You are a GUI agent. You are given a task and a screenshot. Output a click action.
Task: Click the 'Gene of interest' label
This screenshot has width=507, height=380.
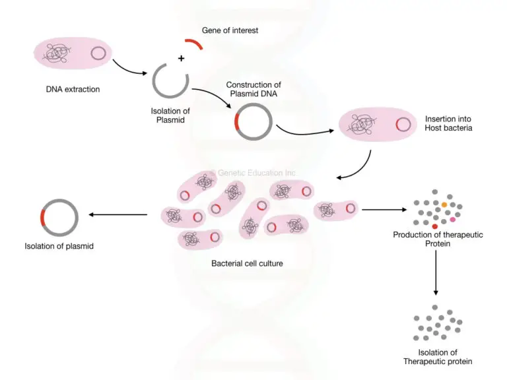[x=230, y=31]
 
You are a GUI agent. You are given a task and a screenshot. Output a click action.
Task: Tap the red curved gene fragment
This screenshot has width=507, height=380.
[x=193, y=43]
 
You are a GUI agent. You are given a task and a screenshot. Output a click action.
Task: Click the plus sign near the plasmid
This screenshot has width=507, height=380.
[x=180, y=59]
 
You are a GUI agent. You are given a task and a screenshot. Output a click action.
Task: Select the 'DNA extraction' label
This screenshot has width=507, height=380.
[x=73, y=89]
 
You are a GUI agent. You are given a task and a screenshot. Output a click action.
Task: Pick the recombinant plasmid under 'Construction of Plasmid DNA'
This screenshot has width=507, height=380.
[x=253, y=122]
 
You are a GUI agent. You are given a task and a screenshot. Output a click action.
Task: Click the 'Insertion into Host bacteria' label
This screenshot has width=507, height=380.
[x=449, y=123]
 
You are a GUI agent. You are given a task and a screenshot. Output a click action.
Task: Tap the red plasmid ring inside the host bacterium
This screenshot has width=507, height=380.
[x=402, y=124]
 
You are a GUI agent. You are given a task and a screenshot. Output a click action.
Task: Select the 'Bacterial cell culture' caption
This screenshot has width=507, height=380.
[x=247, y=263]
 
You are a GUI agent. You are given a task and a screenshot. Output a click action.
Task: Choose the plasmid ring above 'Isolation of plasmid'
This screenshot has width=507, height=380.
[x=59, y=216]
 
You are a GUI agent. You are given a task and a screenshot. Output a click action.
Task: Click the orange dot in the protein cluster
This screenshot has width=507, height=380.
[x=445, y=205]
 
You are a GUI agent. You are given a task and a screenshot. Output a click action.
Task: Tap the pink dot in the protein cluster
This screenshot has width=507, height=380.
[x=453, y=219]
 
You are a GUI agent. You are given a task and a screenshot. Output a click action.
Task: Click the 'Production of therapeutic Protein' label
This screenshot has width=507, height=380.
[x=436, y=239]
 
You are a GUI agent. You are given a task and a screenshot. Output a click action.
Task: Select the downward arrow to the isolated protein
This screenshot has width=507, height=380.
[x=436, y=273]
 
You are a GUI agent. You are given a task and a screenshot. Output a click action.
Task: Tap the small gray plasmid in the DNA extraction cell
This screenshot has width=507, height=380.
[x=98, y=53]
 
